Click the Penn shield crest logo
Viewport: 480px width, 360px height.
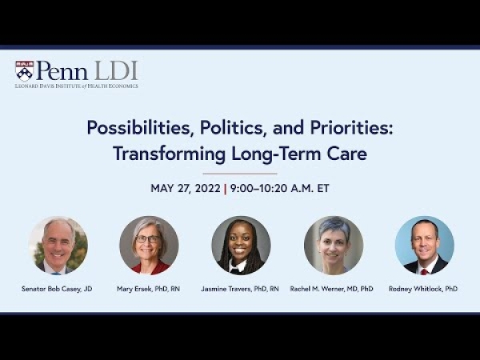[x=25, y=70]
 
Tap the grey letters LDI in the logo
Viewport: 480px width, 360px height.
[x=116, y=70]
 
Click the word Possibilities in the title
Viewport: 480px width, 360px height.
[x=139, y=128]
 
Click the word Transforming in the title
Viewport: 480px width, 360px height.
[x=170, y=154]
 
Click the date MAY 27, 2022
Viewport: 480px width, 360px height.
[x=186, y=188]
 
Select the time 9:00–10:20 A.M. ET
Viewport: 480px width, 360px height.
[x=280, y=188]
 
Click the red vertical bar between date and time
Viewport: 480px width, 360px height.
[x=226, y=189]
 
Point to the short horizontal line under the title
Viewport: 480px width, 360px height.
[x=240, y=174]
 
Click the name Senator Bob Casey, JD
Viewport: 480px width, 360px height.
[x=57, y=289]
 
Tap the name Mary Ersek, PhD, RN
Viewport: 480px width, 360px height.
[x=148, y=289]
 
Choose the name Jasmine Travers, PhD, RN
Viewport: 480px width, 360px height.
[x=240, y=289]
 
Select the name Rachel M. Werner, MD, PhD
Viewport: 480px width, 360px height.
[x=331, y=289]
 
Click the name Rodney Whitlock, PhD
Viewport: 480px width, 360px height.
[x=423, y=289]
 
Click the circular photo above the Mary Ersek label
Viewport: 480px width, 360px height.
[x=149, y=246]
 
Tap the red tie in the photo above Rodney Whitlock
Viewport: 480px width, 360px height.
[x=424, y=271]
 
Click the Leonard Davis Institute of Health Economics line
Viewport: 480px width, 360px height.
[x=77, y=86]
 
